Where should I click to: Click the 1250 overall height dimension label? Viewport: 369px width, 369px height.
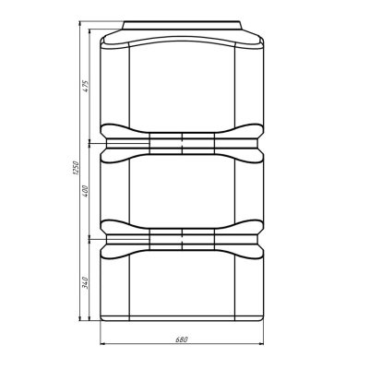point(77,168)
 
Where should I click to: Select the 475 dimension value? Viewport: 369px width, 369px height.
point(86,87)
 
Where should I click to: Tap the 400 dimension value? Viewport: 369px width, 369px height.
point(86,191)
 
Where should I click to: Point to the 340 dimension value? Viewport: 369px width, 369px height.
point(86,282)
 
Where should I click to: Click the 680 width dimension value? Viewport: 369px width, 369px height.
point(182,339)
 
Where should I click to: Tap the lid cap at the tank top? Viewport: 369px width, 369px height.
point(182,25)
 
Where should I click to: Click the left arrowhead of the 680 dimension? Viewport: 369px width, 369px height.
point(104,343)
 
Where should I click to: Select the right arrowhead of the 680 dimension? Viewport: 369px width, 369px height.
point(260,343)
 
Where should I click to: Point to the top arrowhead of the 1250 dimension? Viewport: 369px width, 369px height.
point(80,25)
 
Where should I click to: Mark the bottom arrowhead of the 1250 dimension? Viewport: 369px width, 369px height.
point(80,317)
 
